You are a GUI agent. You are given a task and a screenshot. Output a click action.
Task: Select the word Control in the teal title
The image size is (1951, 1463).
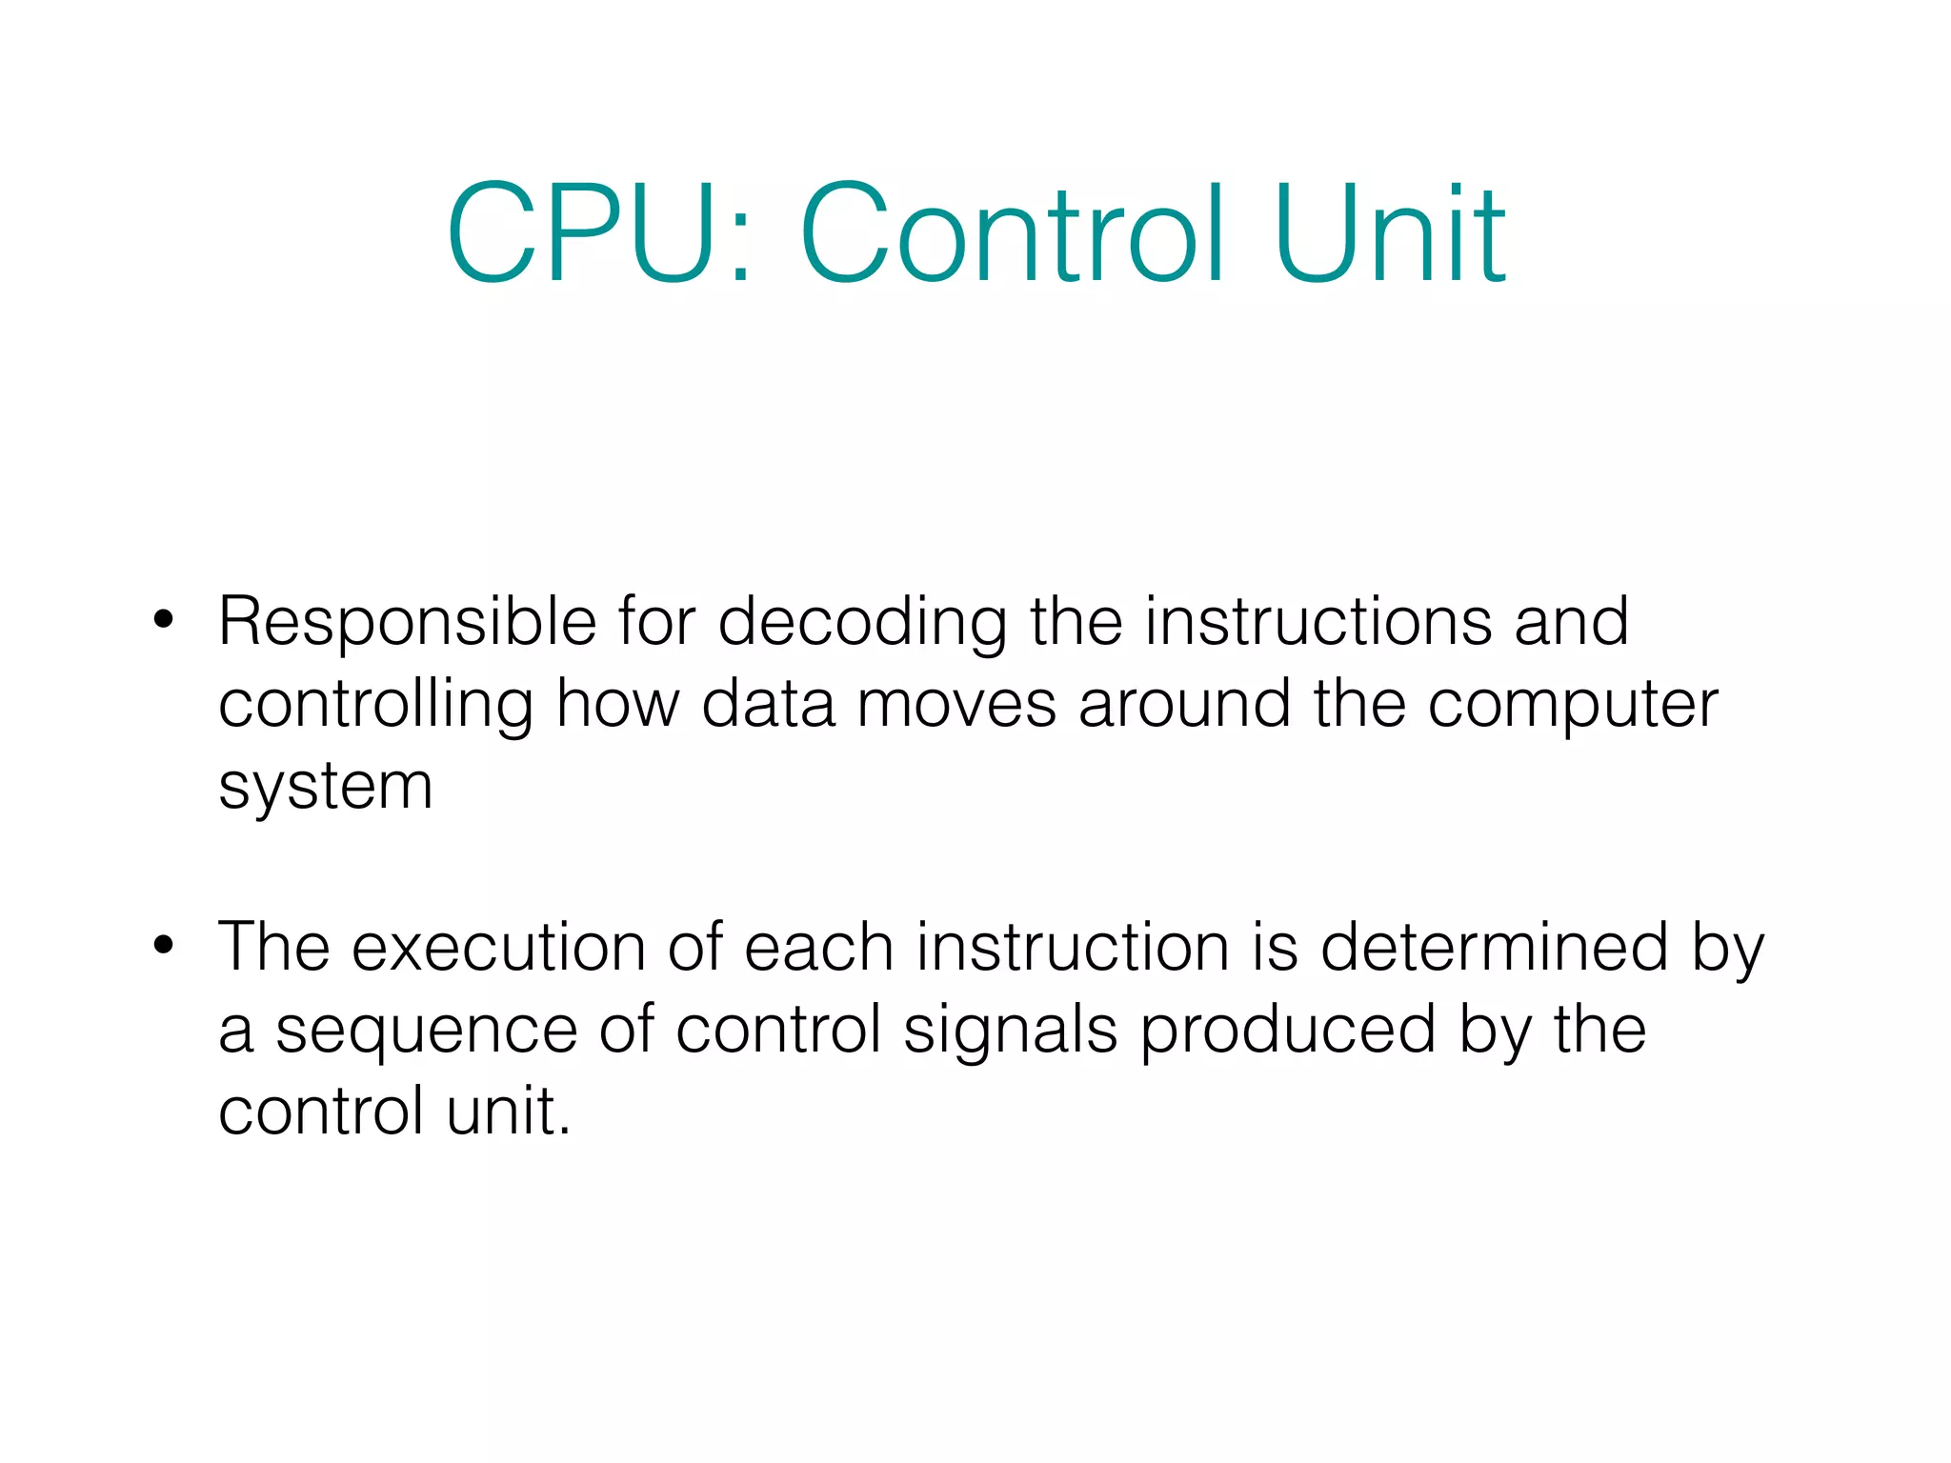[1013, 234]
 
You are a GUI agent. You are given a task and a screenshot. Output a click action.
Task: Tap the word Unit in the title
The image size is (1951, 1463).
[1390, 234]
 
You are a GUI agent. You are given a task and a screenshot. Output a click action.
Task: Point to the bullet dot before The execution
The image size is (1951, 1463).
[164, 946]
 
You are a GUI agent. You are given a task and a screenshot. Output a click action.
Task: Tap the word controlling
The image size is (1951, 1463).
[375, 705]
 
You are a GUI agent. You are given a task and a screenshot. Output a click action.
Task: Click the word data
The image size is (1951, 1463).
[768, 705]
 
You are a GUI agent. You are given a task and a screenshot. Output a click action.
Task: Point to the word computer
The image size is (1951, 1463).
[1573, 705]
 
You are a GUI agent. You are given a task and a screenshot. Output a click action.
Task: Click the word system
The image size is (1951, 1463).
[326, 788]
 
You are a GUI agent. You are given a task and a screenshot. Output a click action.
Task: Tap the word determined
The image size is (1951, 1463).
[1494, 948]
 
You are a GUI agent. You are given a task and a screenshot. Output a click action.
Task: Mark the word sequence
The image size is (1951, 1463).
[426, 1031]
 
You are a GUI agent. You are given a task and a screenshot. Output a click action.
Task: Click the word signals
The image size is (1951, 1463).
[1010, 1031]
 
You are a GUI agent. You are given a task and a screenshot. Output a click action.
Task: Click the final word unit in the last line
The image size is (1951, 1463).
[508, 1112]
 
